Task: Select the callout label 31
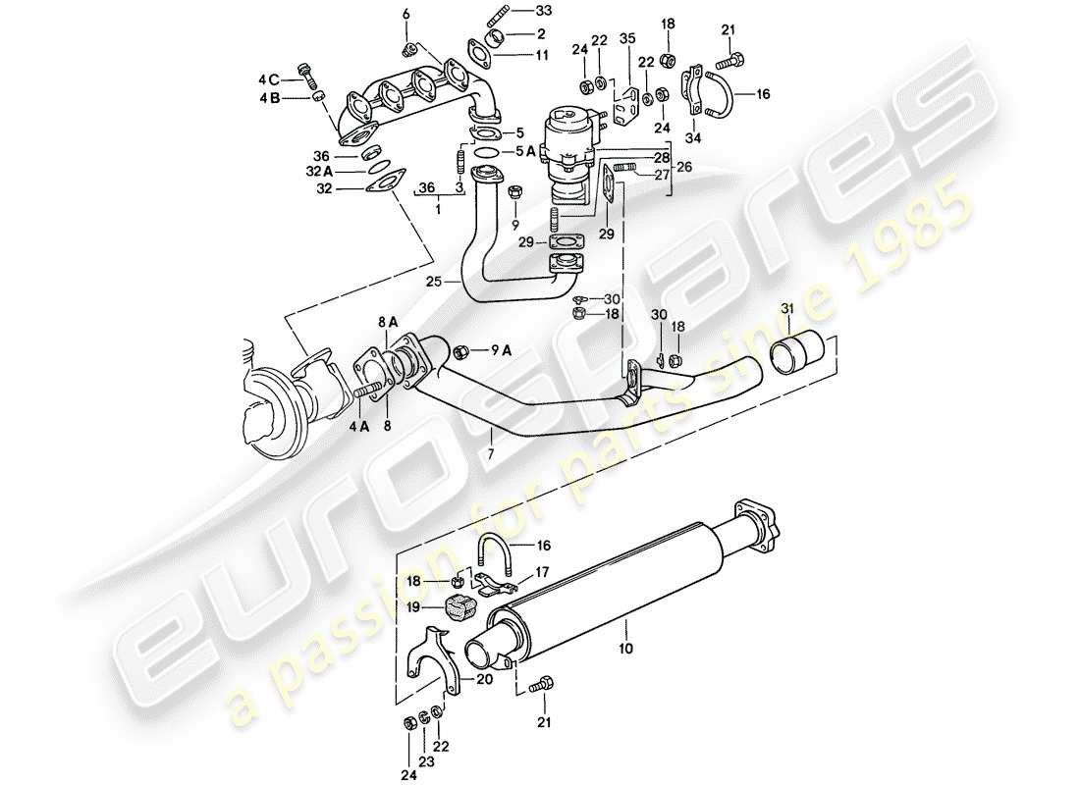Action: [x=784, y=311]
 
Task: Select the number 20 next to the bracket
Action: [x=485, y=679]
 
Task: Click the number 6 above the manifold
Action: [x=405, y=12]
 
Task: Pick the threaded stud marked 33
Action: [x=497, y=17]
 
